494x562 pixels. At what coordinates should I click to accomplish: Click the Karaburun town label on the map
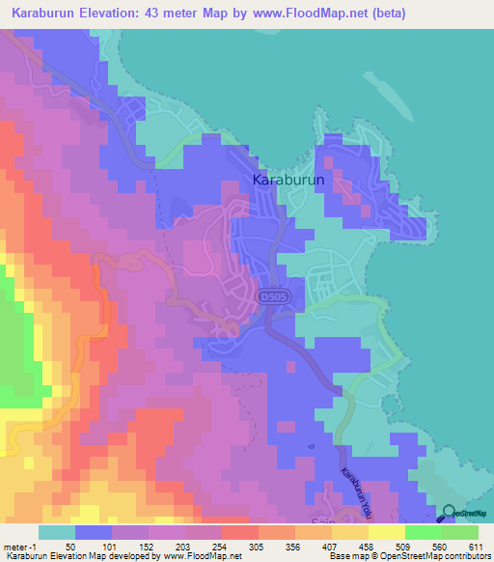coord(286,180)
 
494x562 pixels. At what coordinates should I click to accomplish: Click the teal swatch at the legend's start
coord(57,532)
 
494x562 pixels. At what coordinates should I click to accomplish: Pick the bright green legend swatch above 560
coord(424,532)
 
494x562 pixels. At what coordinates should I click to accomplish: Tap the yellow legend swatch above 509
coord(387,532)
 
